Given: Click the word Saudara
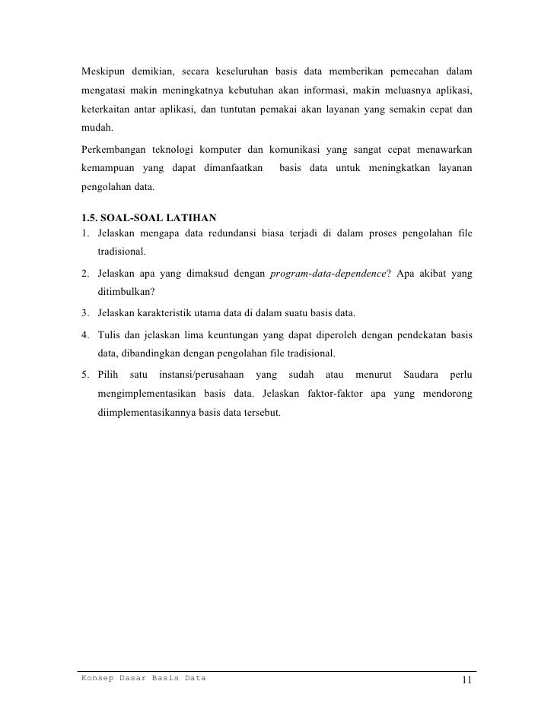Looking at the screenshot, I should coord(416,375).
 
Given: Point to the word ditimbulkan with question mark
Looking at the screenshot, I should coord(126,292).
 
